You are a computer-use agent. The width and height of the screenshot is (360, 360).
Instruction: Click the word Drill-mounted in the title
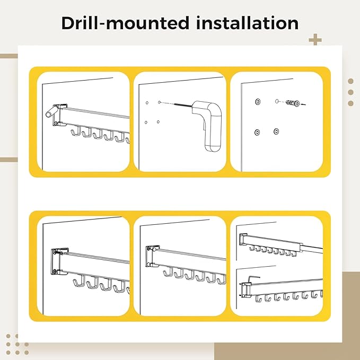125,23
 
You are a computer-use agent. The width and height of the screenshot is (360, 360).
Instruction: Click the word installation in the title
247,23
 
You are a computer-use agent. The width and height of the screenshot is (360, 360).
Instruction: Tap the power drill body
208,124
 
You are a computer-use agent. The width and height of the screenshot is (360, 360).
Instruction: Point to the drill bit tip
175,103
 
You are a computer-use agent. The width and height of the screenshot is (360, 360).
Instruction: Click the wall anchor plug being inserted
293,103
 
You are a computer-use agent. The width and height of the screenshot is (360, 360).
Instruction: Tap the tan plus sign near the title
315,40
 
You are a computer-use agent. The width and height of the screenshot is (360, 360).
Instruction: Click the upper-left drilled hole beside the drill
147,103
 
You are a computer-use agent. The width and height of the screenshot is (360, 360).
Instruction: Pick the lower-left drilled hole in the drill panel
146,122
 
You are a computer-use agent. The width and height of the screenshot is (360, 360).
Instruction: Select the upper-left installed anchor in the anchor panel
258,101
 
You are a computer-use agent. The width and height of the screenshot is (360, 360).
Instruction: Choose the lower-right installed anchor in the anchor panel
276,131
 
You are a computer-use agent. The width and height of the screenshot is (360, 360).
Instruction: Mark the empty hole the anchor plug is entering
277,101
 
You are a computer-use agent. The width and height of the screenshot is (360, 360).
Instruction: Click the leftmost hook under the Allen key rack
259,298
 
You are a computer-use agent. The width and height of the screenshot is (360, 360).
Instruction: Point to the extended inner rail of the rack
312,249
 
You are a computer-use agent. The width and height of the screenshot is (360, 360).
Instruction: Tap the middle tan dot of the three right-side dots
350,92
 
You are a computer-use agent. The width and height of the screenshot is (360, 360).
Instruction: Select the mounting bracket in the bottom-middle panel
152,257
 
